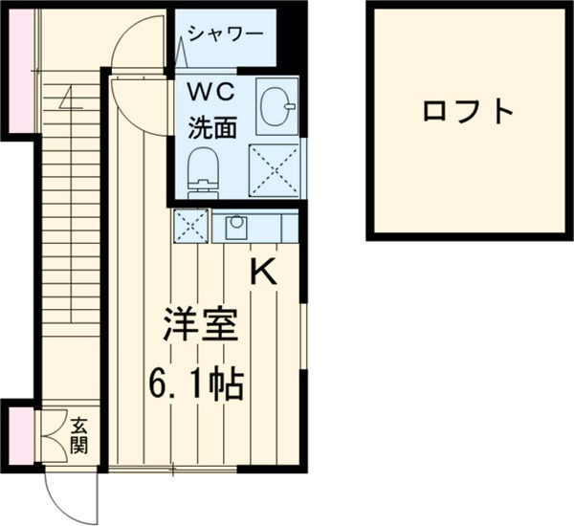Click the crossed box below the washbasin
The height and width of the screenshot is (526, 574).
click(274, 170)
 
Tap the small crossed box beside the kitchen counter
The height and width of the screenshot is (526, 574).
click(190, 227)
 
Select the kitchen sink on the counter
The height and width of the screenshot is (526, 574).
click(234, 227)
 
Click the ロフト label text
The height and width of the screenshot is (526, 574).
click(468, 112)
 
